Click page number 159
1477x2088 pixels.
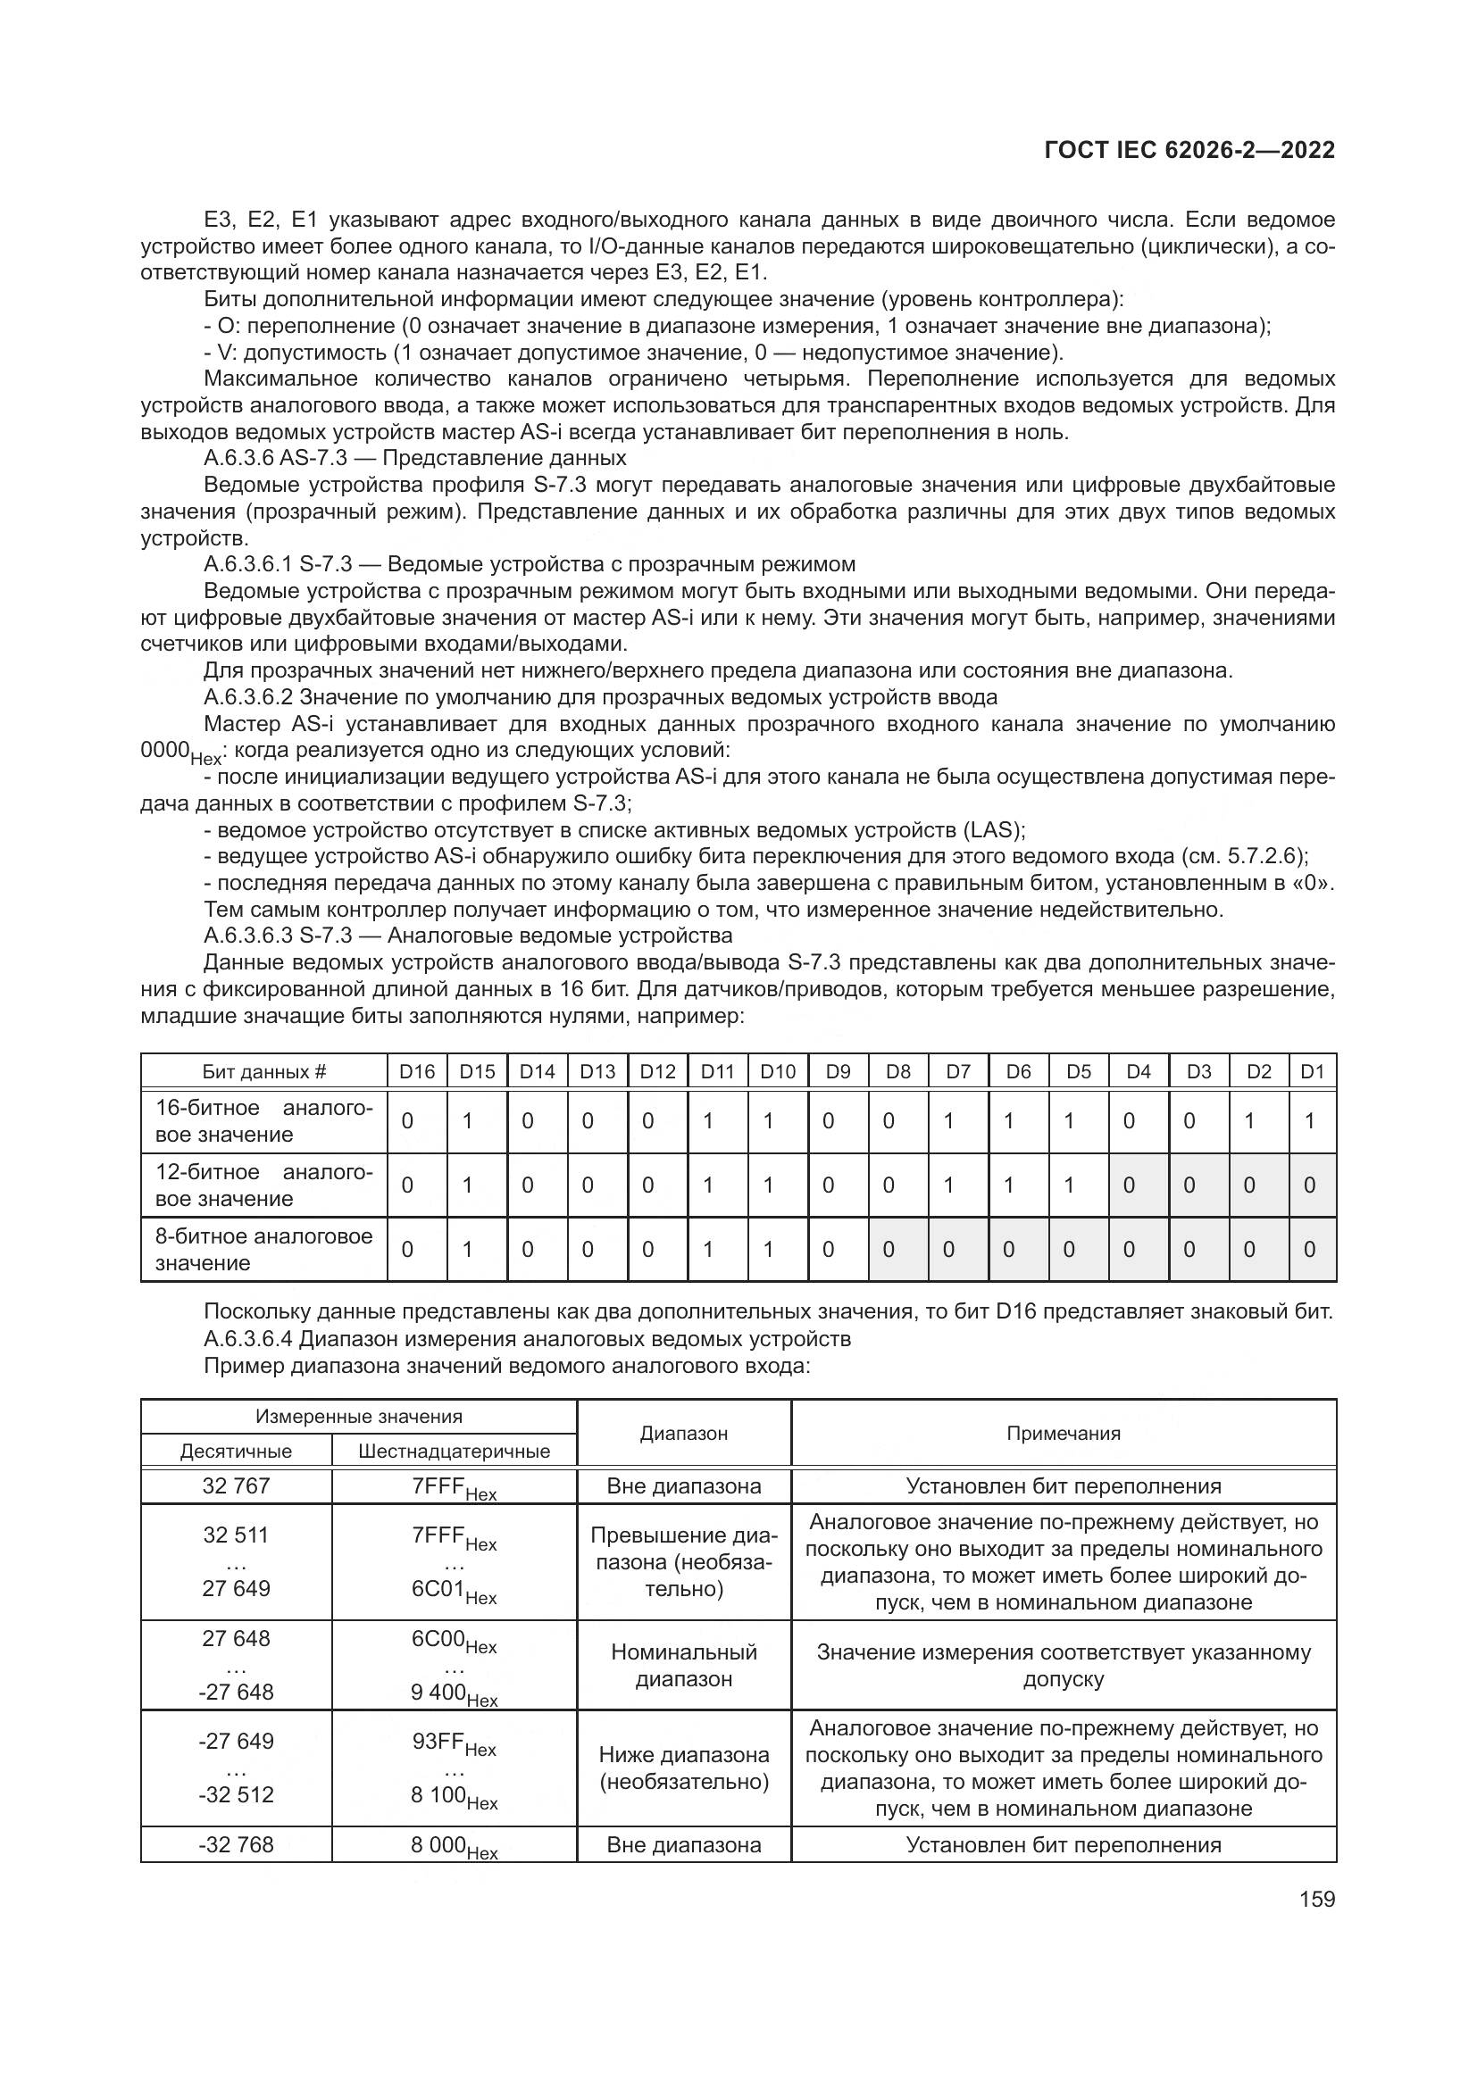click(1316, 1899)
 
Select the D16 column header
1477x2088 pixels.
click(417, 1071)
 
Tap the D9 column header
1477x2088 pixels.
click(838, 1071)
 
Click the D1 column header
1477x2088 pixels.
click(1313, 1071)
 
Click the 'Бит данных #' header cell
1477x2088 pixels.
click(263, 1071)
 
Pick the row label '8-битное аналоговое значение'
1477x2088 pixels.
click(263, 1249)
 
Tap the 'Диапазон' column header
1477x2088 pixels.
click(684, 1434)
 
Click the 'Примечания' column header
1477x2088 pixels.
click(1064, 1434)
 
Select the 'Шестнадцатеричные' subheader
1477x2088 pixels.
click(454, 1451)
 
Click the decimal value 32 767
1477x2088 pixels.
click(236, 1486)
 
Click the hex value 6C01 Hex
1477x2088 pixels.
click(454, 1591)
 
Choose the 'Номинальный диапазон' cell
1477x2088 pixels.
click(684, 1665)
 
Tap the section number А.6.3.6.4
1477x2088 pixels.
click(248, 1339)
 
